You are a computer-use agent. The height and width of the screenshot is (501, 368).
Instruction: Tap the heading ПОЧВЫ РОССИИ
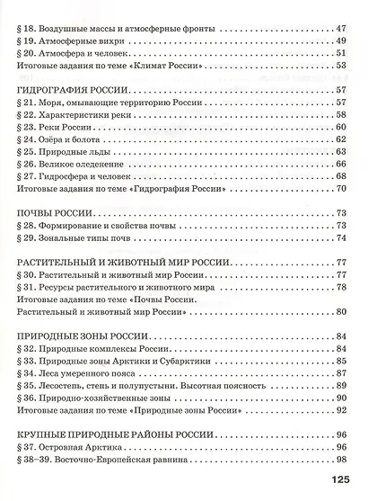point(56,213)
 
